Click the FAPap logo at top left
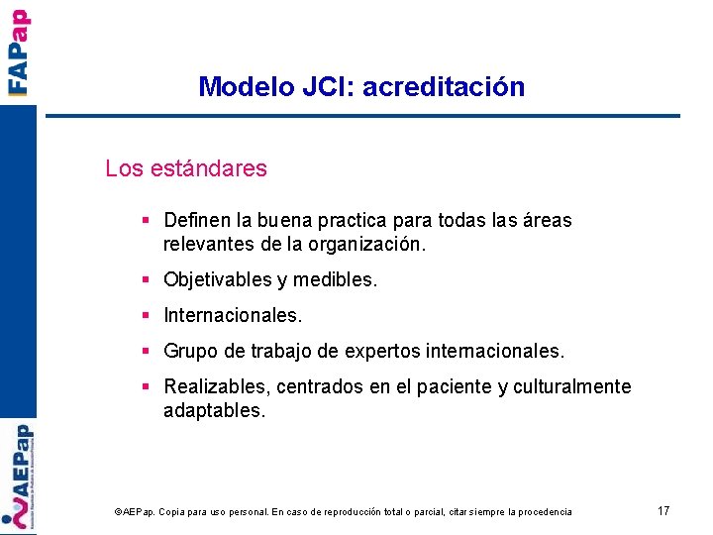18,52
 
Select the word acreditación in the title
444,87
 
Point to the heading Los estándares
186,168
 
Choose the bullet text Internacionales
233,316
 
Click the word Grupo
189,352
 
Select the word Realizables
217,386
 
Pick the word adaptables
214,410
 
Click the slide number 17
663,511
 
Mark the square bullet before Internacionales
146,316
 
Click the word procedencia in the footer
540,512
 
